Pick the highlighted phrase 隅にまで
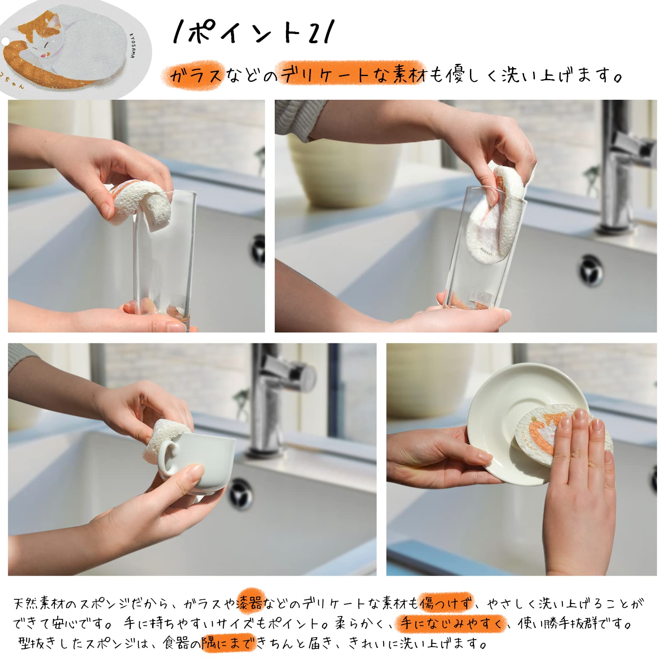click(x=228, y=643)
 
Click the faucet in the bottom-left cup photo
click(x=274, y=395)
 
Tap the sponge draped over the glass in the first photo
click(x=141, y=206)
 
